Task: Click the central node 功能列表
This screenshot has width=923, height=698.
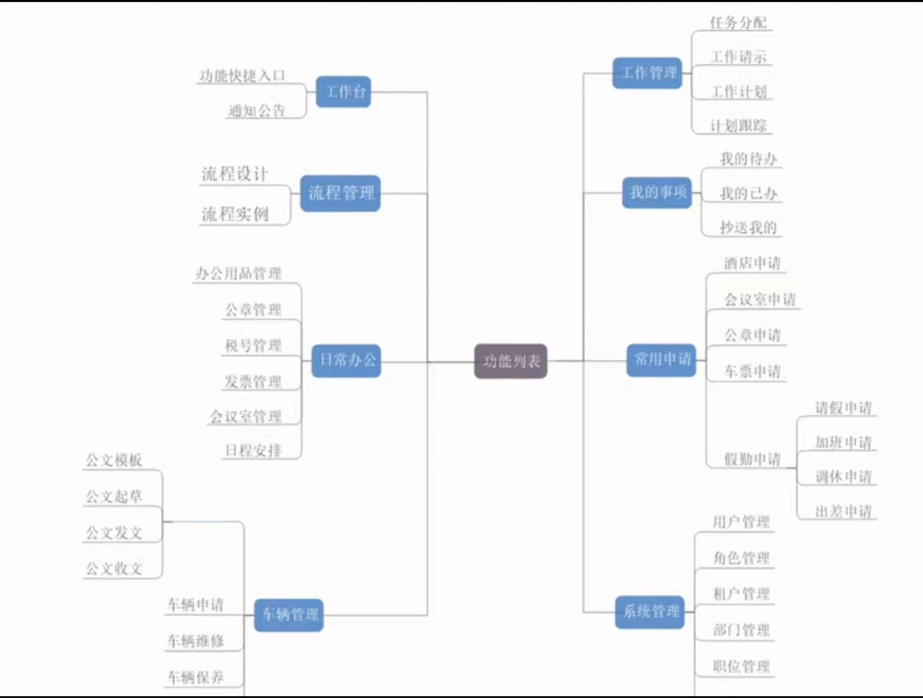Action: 510,361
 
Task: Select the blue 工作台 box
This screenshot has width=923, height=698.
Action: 344,92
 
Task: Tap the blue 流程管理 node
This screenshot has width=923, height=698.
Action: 340,192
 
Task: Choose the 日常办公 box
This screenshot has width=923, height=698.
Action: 346,360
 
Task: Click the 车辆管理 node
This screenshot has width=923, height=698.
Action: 288,615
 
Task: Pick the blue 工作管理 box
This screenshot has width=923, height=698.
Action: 647,72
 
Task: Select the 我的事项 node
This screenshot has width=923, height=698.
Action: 657,192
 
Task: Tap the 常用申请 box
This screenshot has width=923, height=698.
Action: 661,359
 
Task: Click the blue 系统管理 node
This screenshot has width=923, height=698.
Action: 650,611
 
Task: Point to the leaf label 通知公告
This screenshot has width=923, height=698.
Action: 256,111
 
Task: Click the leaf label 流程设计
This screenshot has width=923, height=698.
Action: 235,174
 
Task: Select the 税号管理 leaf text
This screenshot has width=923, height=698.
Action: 253,346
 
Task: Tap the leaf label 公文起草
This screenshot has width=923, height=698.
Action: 114,497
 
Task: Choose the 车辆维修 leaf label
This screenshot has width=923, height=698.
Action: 195,641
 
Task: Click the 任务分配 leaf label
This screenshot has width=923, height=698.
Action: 738,23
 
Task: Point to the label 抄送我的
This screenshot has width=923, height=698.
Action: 748,228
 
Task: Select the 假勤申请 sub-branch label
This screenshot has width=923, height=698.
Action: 752,459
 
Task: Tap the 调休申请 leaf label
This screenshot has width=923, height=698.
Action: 844,477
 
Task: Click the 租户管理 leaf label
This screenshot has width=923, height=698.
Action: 741,594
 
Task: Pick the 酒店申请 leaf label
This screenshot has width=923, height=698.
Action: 752,263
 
